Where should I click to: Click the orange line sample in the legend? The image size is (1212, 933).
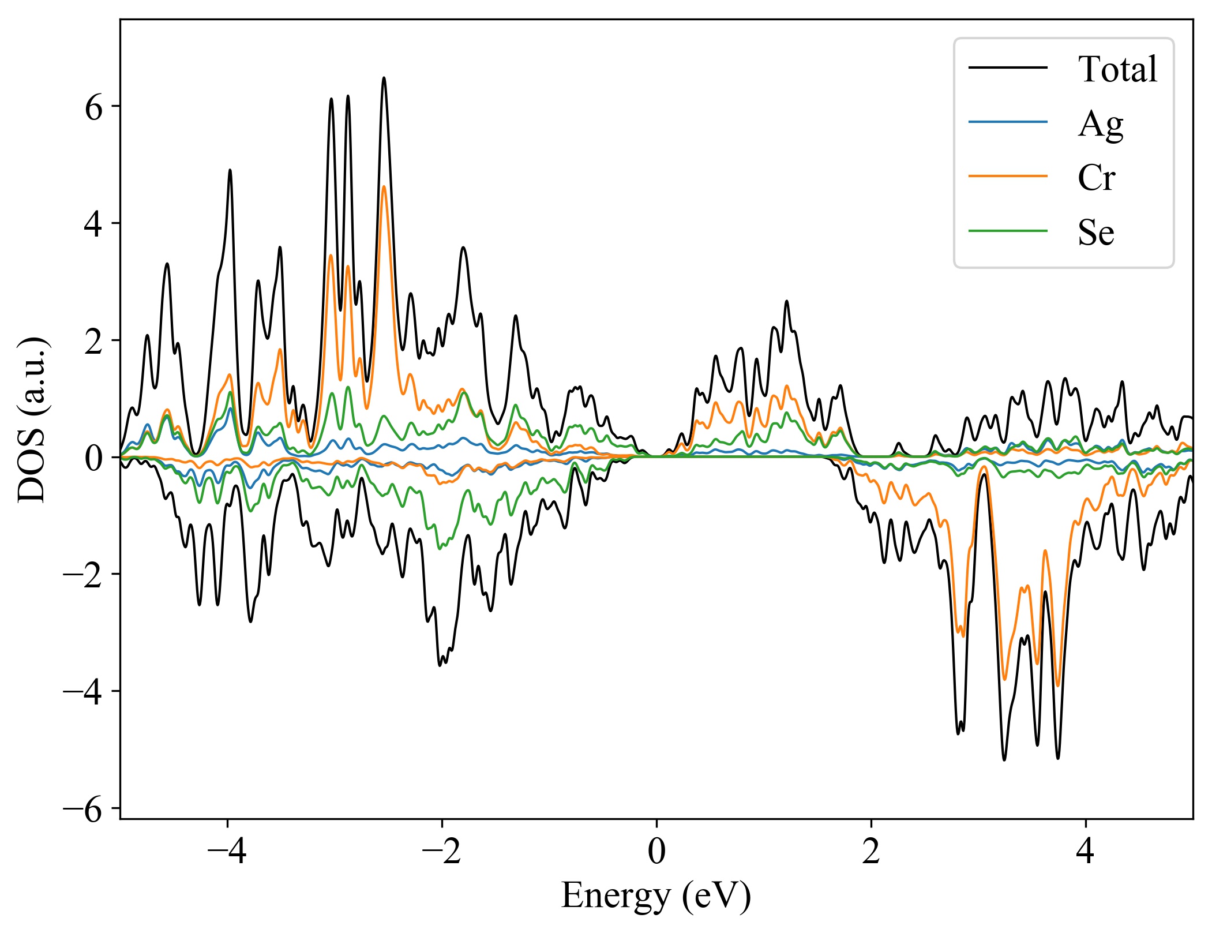1007,176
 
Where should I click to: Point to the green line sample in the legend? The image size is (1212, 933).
1007,231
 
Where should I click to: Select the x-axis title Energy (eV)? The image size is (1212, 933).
656,895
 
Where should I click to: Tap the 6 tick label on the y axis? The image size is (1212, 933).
93,107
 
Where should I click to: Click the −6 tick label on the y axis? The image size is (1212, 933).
83,809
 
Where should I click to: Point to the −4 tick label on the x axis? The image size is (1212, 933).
227,852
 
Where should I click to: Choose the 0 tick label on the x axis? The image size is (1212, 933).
656,852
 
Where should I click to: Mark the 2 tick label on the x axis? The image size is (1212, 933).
871,852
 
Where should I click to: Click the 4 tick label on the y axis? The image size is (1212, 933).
93,224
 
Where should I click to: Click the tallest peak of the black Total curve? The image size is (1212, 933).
384,78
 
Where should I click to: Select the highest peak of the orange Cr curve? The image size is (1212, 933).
384,186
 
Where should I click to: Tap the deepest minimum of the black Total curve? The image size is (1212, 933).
1004,759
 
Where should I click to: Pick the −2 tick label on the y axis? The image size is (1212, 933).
83,575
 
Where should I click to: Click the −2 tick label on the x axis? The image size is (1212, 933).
441,852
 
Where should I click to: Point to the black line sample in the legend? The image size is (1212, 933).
1007,68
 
